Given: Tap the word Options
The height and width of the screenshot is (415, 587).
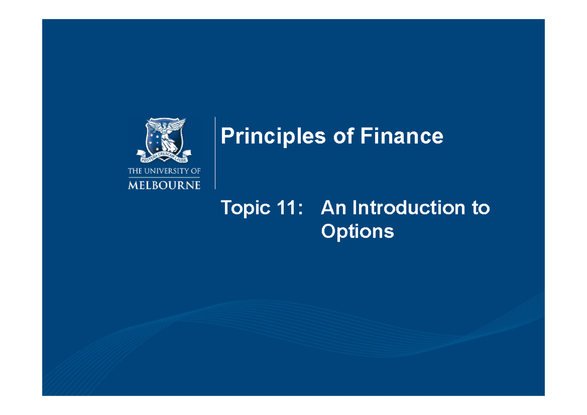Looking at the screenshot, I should pyautogui.click(x=357, y=231).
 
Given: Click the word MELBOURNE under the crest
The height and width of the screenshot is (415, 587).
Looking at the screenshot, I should pyautogui.click(x=164, y=185).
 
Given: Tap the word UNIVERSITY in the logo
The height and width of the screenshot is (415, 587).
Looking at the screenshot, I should pyautogui.click(x=166, y=171).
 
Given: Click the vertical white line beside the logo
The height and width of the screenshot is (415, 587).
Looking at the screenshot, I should pyautogui.click(x=215, y=153).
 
